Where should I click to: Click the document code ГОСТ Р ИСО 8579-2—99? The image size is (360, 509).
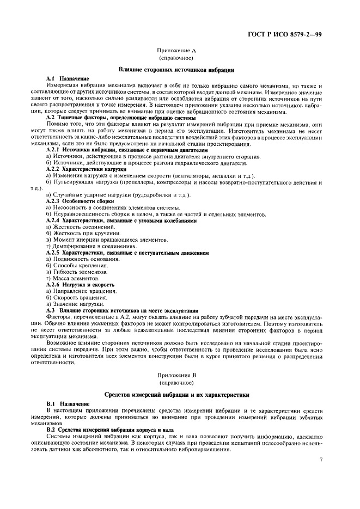coord(293,34)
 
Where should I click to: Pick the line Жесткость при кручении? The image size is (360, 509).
coord(82,233)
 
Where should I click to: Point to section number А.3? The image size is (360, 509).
coord(51,310)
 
